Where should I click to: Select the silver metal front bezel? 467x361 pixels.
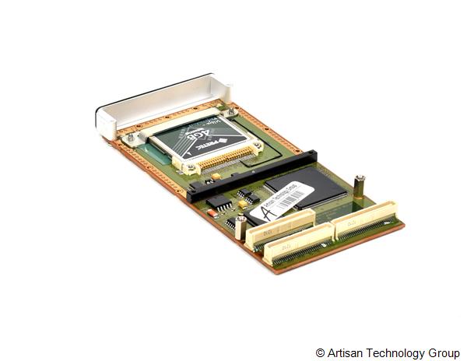[x=156, y=105]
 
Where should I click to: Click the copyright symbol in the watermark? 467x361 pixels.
[x=321, y=352]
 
